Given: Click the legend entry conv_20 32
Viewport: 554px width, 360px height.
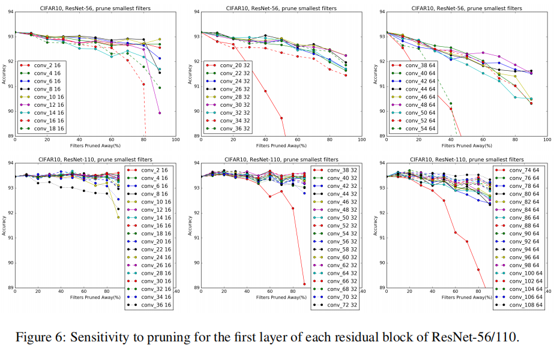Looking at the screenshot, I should tap(228, 65).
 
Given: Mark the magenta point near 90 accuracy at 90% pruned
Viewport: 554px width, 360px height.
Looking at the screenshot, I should tap(160, 112).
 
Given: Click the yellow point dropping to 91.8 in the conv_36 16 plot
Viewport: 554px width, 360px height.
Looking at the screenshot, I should tap(118, 217).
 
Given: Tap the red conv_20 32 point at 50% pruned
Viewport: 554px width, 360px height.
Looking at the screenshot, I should tap(282, 118).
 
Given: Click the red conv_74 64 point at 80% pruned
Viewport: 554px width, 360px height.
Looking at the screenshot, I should tap(478, 269).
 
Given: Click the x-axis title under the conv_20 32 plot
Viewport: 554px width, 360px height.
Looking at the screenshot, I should tap(281, 145).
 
